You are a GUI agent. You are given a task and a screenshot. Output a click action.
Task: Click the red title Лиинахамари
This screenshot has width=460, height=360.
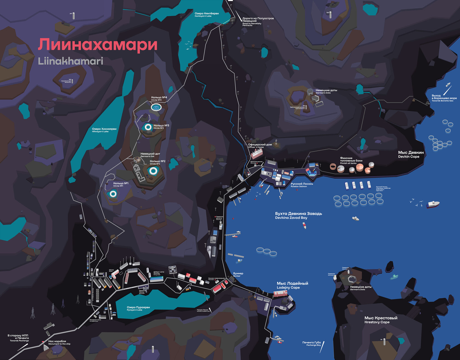point(98,45)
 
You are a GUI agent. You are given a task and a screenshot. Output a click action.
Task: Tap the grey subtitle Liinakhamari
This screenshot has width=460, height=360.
point(70,61)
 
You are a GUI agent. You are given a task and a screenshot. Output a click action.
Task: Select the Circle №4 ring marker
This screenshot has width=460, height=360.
point(156,107)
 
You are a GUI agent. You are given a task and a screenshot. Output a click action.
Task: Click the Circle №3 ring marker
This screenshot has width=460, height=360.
point(148,127)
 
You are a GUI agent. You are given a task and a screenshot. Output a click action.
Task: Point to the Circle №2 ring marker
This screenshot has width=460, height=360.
point(153,171)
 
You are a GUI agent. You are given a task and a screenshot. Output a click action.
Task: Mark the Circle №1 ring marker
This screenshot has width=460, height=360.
point(113,194)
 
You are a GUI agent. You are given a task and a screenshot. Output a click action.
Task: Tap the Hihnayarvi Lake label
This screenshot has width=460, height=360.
point(104,130)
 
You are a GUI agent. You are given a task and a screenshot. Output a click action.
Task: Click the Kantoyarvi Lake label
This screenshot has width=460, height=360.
point(206,15)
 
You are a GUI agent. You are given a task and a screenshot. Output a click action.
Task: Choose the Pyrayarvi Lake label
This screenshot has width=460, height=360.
point(138,308)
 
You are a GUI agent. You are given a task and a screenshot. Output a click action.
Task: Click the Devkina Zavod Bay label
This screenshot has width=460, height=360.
point(298,216)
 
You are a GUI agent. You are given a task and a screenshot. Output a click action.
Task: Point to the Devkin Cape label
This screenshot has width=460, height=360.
point(411,155)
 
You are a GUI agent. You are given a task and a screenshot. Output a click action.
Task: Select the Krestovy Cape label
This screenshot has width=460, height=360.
point(381,320)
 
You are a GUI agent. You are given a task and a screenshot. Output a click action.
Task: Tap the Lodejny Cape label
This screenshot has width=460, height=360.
point(292,285)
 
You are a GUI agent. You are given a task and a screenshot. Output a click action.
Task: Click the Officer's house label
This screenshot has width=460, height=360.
point(260,146)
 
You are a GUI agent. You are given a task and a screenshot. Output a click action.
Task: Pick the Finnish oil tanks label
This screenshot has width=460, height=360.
point(351,161)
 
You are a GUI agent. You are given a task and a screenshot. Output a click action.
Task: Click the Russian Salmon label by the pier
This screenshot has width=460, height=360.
point(301,185)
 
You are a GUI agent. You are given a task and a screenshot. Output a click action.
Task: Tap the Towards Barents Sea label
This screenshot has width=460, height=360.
point(444,98)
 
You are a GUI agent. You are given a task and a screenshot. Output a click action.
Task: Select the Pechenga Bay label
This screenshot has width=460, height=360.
point(312,344)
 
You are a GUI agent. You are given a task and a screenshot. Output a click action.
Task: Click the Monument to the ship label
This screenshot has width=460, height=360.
point(59,342)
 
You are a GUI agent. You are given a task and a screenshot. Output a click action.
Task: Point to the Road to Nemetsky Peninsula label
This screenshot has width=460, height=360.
point(258,22)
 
